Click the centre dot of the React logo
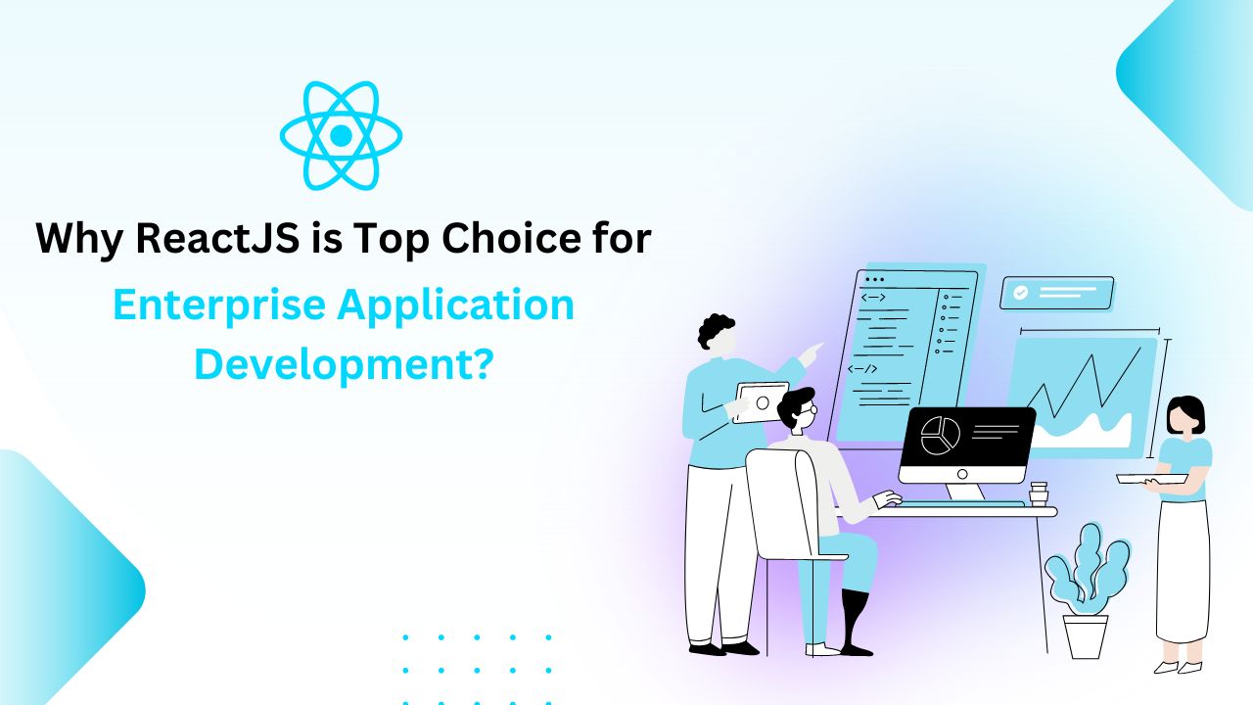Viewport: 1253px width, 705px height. point(341,135)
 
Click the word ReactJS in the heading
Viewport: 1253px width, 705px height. point(217,238)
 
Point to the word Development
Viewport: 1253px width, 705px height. point(336,364)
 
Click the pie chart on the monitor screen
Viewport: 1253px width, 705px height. point(941,436)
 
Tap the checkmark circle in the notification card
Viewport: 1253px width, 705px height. point(1020,293)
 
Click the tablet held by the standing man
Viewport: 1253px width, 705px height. point(761,402)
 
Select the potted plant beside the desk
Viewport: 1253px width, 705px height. point(1086,590)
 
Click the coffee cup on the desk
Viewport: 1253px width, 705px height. point(1039,494)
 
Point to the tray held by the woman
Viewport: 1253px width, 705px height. point(1152,479)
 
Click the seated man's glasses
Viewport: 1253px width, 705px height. point(808,410)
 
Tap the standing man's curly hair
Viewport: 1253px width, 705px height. point(715,331)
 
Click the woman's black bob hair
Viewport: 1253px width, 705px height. point(1185,412)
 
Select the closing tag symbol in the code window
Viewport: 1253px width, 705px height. point(862,369)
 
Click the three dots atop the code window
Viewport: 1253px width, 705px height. point(874,279)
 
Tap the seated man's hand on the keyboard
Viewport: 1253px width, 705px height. point(888,498)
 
